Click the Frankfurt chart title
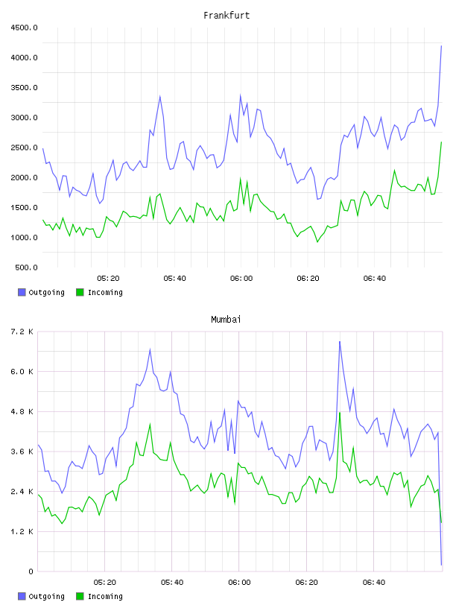pyautogui.click(x=226, y=16)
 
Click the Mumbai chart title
pyautogui.click(x=226, y=320)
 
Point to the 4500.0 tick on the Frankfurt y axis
pyautogui.click(x=24, y=28)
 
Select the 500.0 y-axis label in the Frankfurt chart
pyautogui.click(x=26, y=267)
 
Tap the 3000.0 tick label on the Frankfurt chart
pyautogui.click(x=24, y=118)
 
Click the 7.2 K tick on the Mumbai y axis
pyautogui.click(x=22, y=332)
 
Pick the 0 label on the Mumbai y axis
pyautogui.click(x=31, y=571)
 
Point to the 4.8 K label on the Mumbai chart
pyautogui.click(x=22, y=411)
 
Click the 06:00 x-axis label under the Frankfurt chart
pyautogui.click(x=241, y=279)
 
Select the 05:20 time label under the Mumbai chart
pyautogui.click(x=105, y=583)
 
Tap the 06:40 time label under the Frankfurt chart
pyautogui.click(x=375, y=279)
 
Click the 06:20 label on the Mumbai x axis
pyautogui.click(x=306, y=583)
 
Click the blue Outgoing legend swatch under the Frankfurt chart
pyautogui.click(x=22, y=292)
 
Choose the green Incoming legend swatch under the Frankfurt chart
pyautogui.click(x=80, y=292)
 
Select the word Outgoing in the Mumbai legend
pyautogui.click(x=46, y=596)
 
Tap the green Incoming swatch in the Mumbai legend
pyautogui.click(x=80, y=596)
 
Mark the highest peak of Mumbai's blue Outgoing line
pyautogui.click(x=340, y=341)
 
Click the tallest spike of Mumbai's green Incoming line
pyautogui.click(x=340, y=413)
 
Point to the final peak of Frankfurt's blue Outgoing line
pyautogui.click(x=441, y=45)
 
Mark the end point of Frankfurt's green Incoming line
pyautogui.click(x=441, y=142)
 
